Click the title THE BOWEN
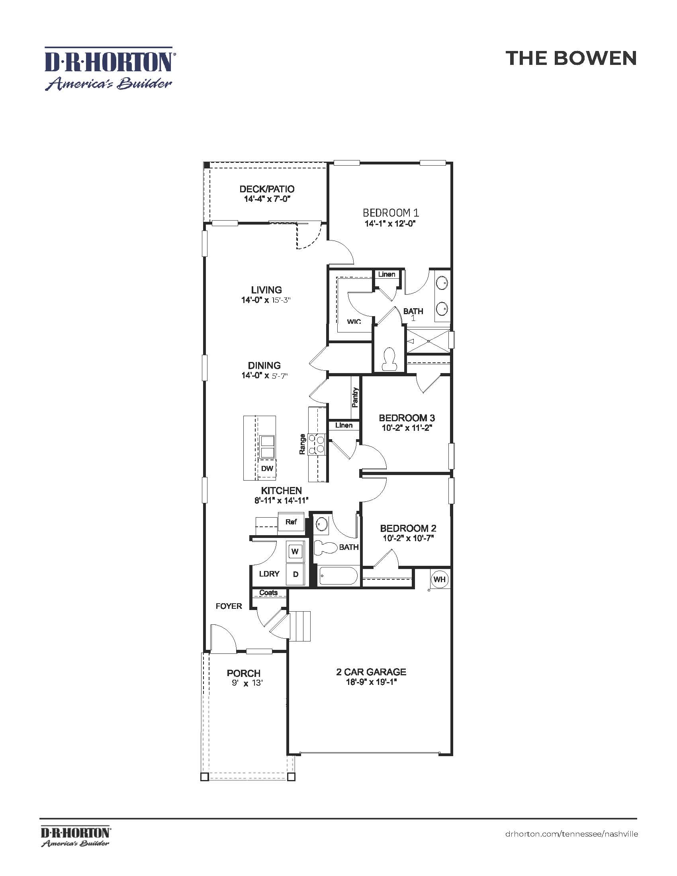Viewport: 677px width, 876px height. click(571, 58)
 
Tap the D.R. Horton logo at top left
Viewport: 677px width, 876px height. click(109, 68)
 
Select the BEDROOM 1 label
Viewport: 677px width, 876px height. click(391, 213)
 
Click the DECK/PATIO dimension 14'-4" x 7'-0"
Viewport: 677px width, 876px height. click(267, 199)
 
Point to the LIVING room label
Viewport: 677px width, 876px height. click(266, 289)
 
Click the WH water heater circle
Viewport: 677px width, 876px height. click(439, 579)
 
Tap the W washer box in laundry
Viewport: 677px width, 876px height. click(295, 551)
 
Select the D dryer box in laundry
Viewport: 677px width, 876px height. click(295, 574)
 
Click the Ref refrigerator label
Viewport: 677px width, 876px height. click(291, 522)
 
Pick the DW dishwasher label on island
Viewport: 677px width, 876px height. click(267, 469)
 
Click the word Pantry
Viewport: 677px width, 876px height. click(355, 397)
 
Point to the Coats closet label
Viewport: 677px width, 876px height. click(268, 592)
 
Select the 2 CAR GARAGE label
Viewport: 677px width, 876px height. click(371, 672)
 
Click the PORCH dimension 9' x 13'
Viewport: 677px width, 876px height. click(247, 682)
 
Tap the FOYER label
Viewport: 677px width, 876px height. click(229, 606)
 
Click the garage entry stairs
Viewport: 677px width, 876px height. click(301, 626)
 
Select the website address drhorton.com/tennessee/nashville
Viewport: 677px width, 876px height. click(571, 834)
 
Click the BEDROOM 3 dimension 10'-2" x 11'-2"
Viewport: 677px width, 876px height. click(406, 428)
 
